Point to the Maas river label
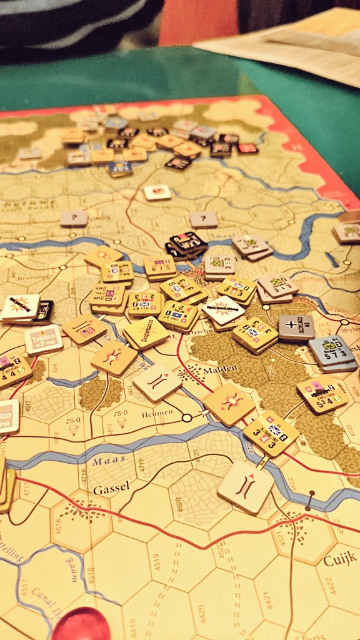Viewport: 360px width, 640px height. pyautogui.click(x=104, y=462)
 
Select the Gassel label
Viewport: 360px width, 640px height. pyautogui.click(x=111, y=490)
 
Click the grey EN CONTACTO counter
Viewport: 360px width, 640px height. pyautogui.click(x=296, y=327)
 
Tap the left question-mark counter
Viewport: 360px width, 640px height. pyautogui.click(x=74, y=218)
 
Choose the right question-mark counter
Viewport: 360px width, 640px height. pyautogui.click(x=203, y=219)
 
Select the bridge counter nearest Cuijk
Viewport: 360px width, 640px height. pyautogui.click(x=246, y=486)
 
